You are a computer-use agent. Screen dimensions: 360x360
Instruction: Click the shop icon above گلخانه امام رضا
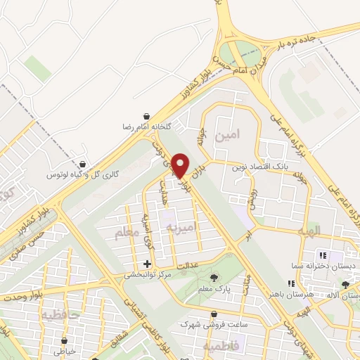(146, 116)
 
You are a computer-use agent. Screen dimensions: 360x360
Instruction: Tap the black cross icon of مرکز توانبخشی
(147, 264)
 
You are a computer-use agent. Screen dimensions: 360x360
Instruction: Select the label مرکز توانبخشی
(148, 275)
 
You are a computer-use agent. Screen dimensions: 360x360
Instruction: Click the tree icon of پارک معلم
(214, 278)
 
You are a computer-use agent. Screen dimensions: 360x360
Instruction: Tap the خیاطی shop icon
(65, 342)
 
